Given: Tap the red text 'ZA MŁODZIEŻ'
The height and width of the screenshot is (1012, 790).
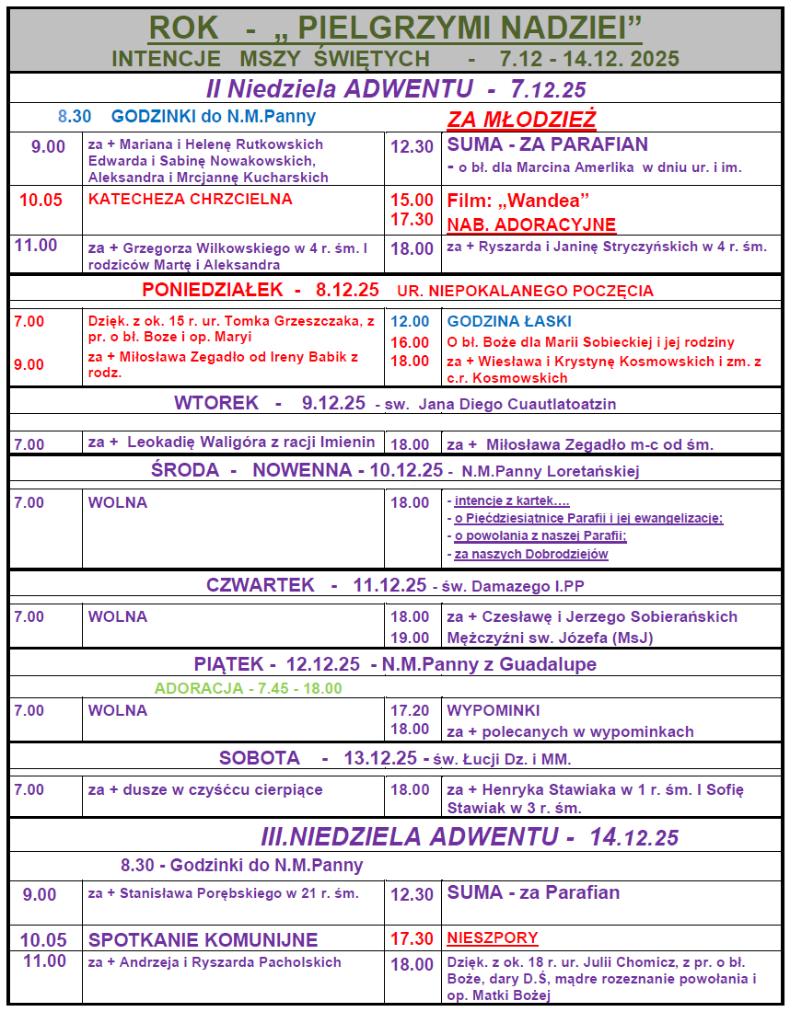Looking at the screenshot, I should click(x=521, y=120).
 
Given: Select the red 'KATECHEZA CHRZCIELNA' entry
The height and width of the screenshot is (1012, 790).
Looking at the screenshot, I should click(x=191, y=199).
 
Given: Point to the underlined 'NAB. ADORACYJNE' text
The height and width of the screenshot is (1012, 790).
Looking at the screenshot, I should click(x=531, y=224).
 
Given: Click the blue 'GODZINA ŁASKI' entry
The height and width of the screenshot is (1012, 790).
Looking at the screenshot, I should click(x=509, y=321).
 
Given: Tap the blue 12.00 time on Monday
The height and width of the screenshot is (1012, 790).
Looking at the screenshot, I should click(x=409, y=321).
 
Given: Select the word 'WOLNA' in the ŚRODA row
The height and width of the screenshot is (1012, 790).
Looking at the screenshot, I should click(x=118, y=502).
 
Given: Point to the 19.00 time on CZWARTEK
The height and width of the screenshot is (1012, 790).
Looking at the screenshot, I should click(x=410, y=638).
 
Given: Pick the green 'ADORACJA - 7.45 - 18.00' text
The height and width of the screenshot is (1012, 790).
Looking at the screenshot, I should click(x=249, y=688).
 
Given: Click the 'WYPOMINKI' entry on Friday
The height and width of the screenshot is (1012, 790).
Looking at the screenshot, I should click(x=494, y=710).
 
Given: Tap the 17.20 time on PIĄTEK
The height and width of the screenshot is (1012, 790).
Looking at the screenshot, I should click(x=410, y=710).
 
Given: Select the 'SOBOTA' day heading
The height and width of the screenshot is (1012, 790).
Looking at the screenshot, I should click(x=259, y=759).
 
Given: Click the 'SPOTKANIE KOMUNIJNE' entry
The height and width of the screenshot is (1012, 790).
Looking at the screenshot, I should click(x=203, y=939).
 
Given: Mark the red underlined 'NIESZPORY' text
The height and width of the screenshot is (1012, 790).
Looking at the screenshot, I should click(x=493, y=938).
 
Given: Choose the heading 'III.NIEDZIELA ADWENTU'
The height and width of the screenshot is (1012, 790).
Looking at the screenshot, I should click(x=409, y=836).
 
